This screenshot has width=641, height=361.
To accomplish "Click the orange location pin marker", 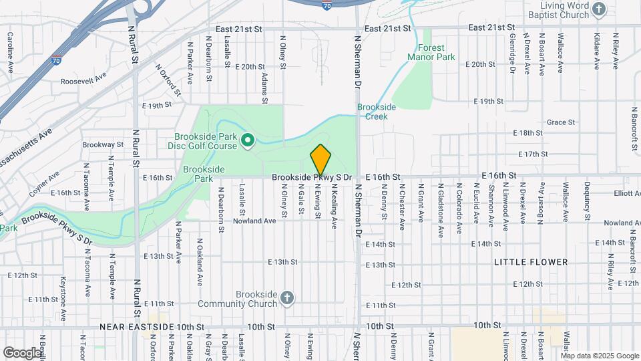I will tap(320, 159).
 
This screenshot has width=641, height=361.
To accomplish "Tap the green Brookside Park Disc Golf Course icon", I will tap(247, 140).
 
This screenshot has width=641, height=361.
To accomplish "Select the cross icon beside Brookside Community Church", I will tap(286, 298).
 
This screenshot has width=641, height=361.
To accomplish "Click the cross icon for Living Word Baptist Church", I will tap(599, 9).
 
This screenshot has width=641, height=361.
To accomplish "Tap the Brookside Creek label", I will tap(377, 111).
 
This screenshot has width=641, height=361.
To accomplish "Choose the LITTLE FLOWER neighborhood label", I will tap(531, 262).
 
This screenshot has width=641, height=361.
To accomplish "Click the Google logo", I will tap(21, 352).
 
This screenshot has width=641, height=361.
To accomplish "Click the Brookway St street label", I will tap(103, 144).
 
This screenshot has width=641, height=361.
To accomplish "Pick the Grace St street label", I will tap(560, 122).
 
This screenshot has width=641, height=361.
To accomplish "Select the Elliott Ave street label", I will tap(627, 194).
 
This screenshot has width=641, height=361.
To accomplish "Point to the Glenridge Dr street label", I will tap(512, 53).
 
